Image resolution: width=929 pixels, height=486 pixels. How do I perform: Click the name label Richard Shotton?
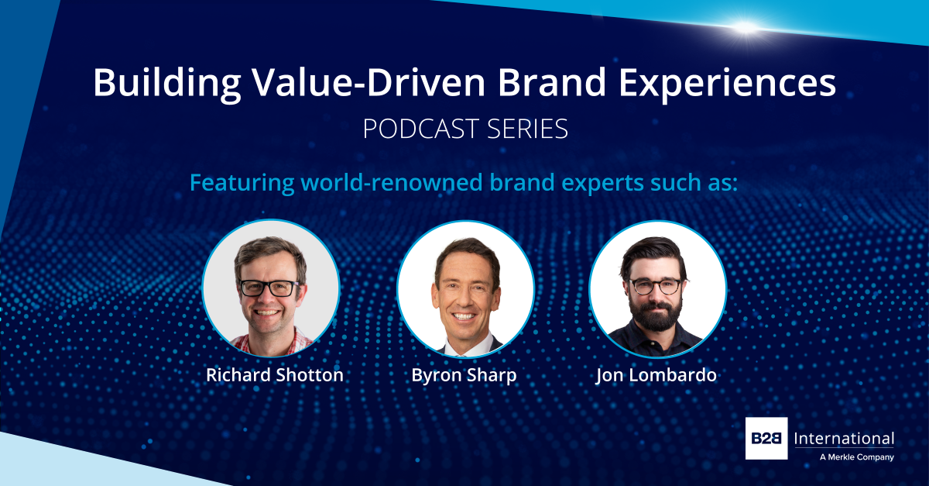click(x=274, y=375)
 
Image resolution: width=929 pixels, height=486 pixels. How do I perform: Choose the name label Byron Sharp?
click(x=464, y=375)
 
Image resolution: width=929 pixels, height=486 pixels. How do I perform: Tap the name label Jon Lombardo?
click(x=657, y=375)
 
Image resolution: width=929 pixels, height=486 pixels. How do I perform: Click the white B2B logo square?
click(x=766, y=439)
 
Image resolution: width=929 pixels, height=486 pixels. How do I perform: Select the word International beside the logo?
click(x=845, y=439)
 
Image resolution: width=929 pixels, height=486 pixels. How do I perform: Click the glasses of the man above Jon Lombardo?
click(x=656, y=285)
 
